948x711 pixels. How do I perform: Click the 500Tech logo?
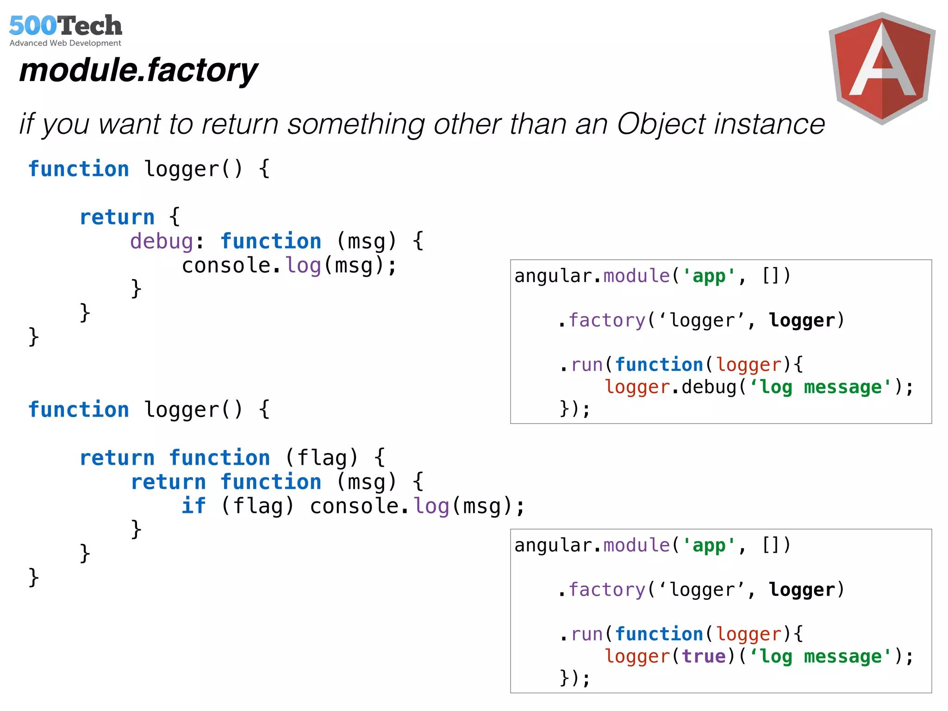coord(65,26)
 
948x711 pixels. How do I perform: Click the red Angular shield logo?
coord(882,69)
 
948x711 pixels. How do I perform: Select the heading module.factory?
coord(138,70)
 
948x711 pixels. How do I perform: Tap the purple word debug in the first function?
coord(162,241)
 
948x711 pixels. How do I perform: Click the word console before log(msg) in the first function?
coord(226,266)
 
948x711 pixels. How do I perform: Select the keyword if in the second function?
coord(193,505)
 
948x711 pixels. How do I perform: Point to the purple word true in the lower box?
coord(704,656)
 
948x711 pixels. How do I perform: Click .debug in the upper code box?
coord(704,387)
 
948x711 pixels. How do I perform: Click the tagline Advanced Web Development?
coord(65,43)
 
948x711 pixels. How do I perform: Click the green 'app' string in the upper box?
coord(709,276)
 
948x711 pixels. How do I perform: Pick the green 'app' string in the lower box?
coord(709,546)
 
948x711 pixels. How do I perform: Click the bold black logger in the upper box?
coord(802,320)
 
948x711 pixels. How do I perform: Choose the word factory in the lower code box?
coord(606,590)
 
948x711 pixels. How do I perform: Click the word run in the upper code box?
coord(587,365)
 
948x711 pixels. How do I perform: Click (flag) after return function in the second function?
coord(322,458)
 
